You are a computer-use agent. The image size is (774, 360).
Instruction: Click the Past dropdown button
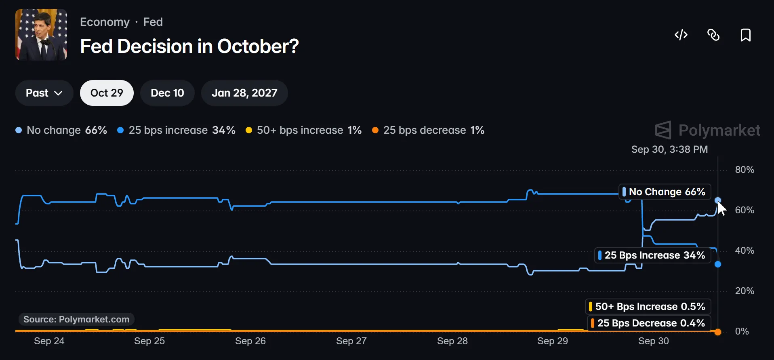pyautogui.click(x=44, y=93)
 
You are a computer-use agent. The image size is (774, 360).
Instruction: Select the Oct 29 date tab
pyautogui.click(x=107, y=93)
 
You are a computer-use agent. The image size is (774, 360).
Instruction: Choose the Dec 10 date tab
pyautogui.click(x=167, y=93)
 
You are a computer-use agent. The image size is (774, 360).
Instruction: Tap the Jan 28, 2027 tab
pyautogui.click(x=244, y=93)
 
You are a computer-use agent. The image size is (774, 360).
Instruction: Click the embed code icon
pyautogui.click(x=681, y=35)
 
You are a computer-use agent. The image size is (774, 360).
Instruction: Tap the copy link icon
pyautogui.click(x=713, y=35)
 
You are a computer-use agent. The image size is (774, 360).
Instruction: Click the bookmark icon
pyautogui.click(x=746, y=35)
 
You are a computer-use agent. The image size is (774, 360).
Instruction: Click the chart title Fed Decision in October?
pyautogui.click(x=189, y=46)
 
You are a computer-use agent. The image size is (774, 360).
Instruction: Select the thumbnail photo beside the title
pyautogui.click(x=41, y=35)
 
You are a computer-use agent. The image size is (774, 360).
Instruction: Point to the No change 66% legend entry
pyautogui.click(x=61, y=130)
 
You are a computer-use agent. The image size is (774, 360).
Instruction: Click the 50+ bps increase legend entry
pyautogui.click(x=303, y=130)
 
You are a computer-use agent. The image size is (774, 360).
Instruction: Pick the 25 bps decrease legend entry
pyautogui.click(x=428, y=130)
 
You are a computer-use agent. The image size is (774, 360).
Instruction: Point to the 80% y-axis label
pyautogui.click(x=745, y=170)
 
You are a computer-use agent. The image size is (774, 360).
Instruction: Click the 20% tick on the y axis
pyautogui.click(x=745, y=291)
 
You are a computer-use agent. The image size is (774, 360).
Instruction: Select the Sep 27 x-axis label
pyautogui.click(x=351, y=341)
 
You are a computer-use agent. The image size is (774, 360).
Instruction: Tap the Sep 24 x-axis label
pyautogui.click(x=49, y=341)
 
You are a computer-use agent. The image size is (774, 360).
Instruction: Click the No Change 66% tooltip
pyautogui.click(x=665, y=192)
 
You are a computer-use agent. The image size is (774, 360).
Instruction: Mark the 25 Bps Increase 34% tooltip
pyautogui.click(x=653, y=255)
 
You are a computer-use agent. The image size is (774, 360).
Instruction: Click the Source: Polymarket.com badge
pyautogui.click(x=76, y=319)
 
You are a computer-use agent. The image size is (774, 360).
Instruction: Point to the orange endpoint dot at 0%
pyautogui.click(x=718, y=332)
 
